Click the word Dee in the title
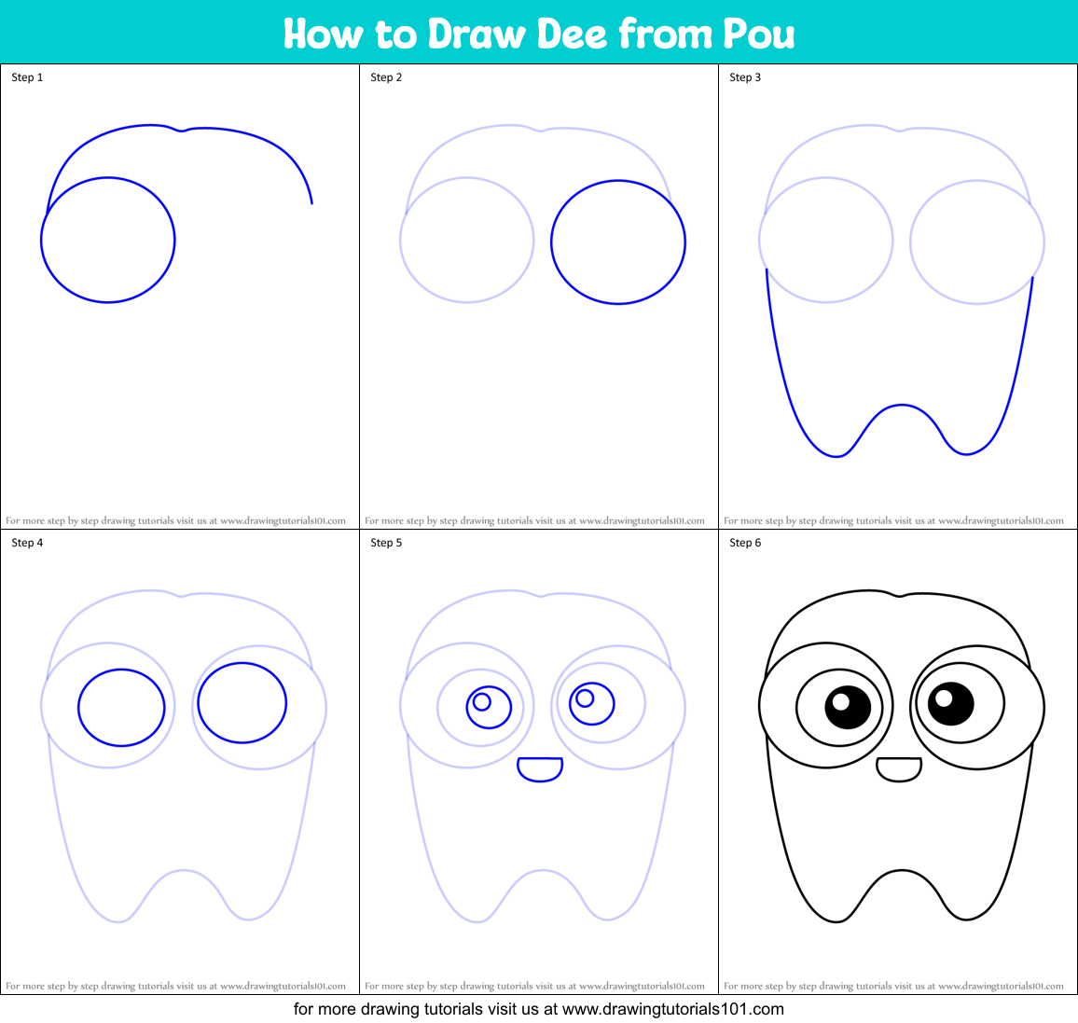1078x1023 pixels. click(574, 34)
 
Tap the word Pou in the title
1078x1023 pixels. click(758, 34)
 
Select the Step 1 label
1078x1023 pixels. click(27, 77)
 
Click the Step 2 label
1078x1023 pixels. click(386, 77)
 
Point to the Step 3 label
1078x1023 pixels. click(745, 77)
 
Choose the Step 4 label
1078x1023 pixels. click(27, 543)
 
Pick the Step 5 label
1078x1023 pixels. click(386, 543)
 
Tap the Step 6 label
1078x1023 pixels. click(745, 543)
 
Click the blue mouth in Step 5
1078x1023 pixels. click(540, 768)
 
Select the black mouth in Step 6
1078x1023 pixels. click(899, 768)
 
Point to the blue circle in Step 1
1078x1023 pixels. click(108, 240)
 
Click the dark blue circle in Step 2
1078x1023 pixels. click(618, 242)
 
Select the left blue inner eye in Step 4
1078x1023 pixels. click(121, 708)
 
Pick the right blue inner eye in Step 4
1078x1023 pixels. click(242, 703)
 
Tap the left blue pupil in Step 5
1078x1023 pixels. click(489, 708)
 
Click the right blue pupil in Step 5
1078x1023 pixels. click(591, 703)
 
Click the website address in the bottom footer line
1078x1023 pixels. click(672, 1009)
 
